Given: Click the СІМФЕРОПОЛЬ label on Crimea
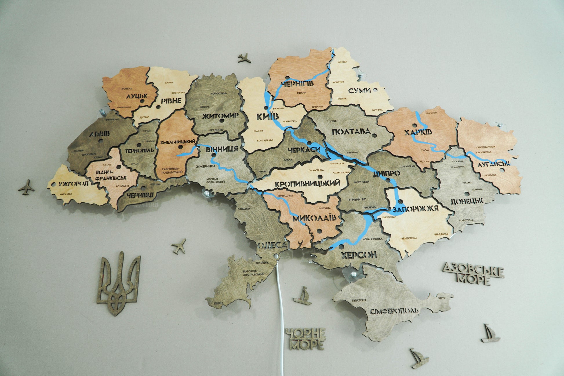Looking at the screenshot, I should click(x=394, y=311).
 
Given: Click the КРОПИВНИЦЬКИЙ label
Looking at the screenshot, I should click(x=307, y=184).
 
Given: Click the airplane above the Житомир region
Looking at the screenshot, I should click(x=244, y=57).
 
